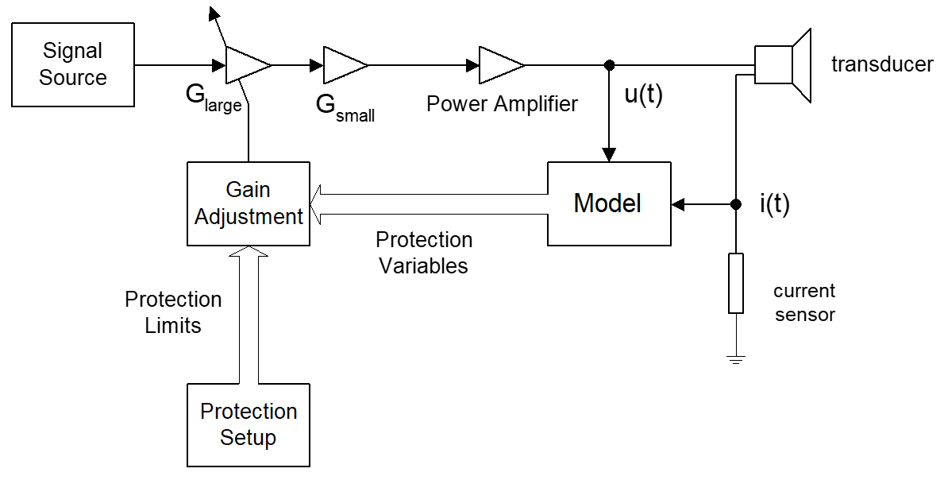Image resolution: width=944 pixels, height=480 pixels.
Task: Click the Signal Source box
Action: click(73, 64)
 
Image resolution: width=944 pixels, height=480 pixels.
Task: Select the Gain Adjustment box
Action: click(249, 203)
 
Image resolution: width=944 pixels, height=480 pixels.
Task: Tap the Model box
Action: click(609, 203)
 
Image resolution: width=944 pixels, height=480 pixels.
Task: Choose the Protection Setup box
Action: click(249, 424)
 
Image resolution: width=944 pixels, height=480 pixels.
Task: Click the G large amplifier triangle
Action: click(248, 64)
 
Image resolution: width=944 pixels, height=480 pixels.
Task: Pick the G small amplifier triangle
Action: click(345, 64)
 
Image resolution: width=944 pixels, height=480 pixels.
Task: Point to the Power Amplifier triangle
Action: click(502, 64)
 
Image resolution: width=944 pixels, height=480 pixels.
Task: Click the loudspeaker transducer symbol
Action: click(784, 64)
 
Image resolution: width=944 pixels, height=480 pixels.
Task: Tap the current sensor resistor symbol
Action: click(736, 283)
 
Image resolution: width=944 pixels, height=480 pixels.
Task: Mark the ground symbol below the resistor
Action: click(736, 360)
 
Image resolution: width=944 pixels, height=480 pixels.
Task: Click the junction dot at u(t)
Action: click(609, 64)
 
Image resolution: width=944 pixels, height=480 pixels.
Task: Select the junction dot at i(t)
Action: click(736, 204)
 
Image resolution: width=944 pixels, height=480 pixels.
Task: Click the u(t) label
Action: click(643, 95)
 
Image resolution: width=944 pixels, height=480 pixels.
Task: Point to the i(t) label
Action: click(774, 204)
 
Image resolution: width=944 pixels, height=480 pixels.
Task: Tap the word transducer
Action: click(882, 64)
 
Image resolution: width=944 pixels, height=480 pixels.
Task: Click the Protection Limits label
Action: click(173, 312)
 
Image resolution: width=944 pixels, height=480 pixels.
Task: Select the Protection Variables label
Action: click(424, 253)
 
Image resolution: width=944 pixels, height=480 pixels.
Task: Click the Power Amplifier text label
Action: click(502, 103)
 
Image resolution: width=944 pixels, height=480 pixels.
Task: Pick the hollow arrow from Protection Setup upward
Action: click(249, 315)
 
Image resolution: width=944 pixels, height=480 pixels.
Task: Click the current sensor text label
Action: click(804, 302)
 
